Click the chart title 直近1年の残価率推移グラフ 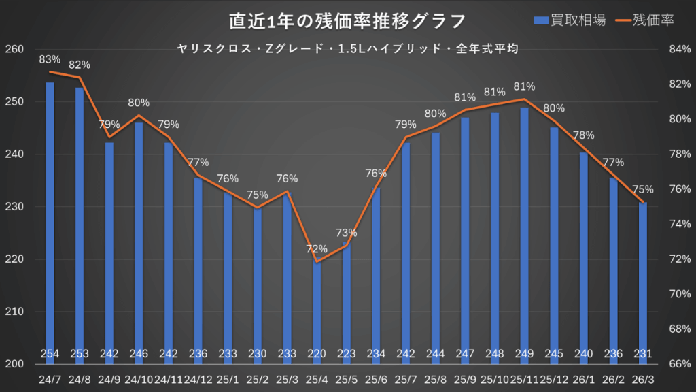point(347,20)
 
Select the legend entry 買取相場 point(571,20)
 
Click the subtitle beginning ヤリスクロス point(347,48)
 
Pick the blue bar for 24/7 point(50,218)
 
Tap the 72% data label point(317,249)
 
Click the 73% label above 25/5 point(346,233)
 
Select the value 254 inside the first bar point(50,354)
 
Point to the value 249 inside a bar point(525,354)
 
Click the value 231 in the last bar point(643,354)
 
